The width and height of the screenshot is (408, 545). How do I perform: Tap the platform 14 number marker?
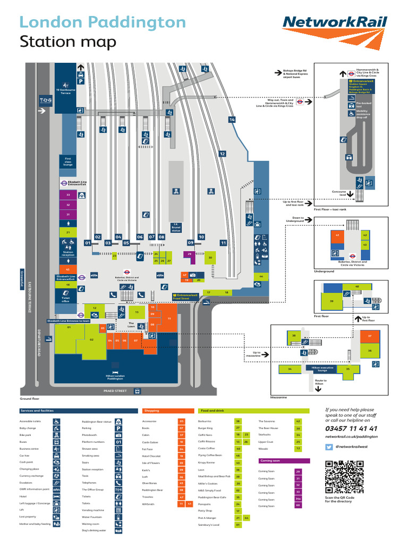(232, 120)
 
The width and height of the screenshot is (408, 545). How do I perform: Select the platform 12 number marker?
(223, 154)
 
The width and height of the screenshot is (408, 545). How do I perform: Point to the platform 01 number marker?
(88, 243)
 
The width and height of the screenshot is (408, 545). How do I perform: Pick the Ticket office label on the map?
(66, 300)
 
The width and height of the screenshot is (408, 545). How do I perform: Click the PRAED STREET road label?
(116, 391)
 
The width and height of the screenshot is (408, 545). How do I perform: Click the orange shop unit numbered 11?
(169, 318)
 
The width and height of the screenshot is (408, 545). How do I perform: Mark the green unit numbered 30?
(210, 258)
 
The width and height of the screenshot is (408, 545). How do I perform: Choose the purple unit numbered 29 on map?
(190, 254)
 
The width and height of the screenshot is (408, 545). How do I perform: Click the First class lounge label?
(68, 161)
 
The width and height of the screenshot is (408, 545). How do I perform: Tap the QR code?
(344, 477)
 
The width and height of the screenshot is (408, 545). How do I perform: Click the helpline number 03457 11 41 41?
(351, 428)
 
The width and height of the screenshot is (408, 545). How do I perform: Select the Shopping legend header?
(151, 411)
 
